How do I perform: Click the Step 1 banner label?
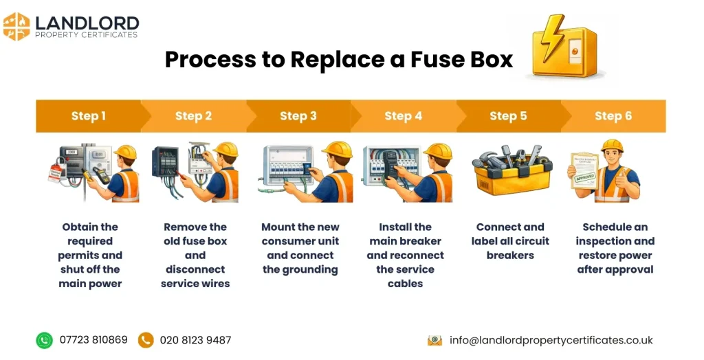pyautogui.click(x=89, y=116)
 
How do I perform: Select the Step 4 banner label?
pyautogui.click(x=403, y=116)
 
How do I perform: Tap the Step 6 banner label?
pyautogui.click(x=613, y=116)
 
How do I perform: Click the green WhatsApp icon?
pyautogui.click(x=45, y=340)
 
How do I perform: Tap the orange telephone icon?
pyautogui.click(x=146, y=340)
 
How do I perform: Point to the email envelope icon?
pyautogui.click(x=434, y=340)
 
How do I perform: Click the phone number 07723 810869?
pyautogui.click(x=93, y=340)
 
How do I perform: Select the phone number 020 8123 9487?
pyautogui.click(x=195, y=340)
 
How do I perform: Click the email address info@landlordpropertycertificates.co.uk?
pyautogui.click(x=551, y=340)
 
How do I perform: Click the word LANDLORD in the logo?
pyautogui.click(x=87, y=22)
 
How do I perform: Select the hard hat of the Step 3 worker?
pyautogui.click(x=337, y=149)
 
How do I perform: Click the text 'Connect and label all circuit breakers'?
pyautogui.click(x=510, y=241)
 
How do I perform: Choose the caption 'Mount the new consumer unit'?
pyautogui.click(x=300, y=234)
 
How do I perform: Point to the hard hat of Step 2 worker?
pyautogui.click(x=225, y=149)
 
